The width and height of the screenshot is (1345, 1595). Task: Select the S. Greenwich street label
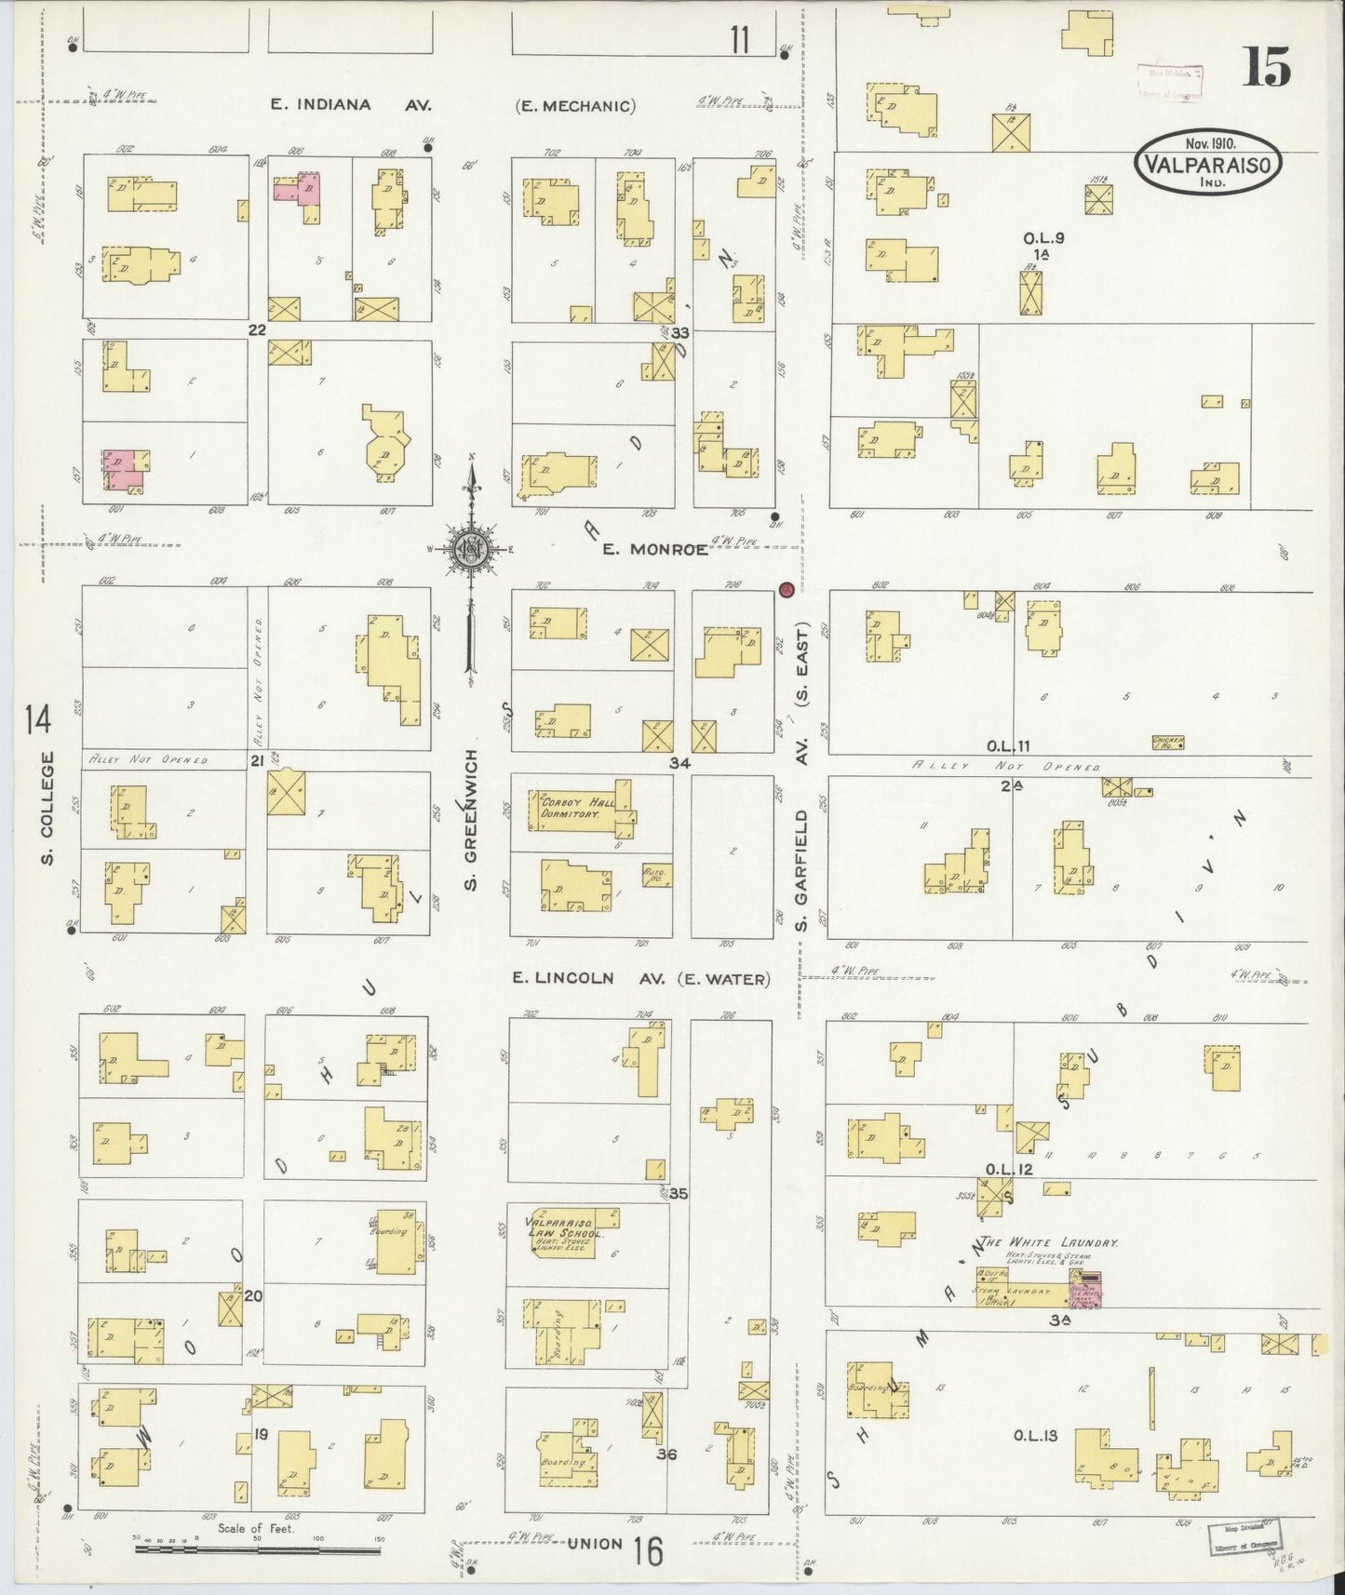471,818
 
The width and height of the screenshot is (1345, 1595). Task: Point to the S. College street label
48,806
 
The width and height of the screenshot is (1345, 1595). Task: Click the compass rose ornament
471,549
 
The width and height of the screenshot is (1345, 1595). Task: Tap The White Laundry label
1052,1242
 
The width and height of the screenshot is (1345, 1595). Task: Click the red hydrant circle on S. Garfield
786,588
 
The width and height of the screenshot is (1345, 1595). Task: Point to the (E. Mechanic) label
575,106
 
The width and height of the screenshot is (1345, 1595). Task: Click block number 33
680,332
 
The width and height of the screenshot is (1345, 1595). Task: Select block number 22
257,329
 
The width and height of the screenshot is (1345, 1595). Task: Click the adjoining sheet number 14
39,718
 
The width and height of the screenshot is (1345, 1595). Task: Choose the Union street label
595,1544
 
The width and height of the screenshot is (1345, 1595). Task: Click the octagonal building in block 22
384,444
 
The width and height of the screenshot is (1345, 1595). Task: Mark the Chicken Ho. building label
1167,742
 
